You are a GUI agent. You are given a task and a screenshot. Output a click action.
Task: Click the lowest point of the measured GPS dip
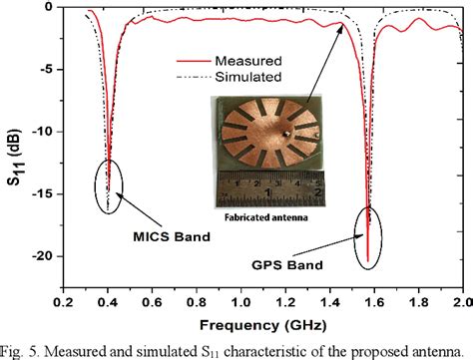tap(368, 261)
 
